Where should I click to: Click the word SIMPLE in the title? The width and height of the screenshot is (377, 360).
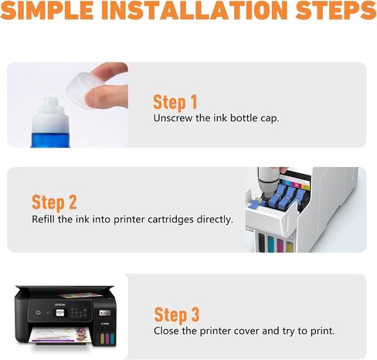click(47, 10)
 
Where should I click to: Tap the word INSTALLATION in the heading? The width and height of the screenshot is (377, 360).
click(195, 10)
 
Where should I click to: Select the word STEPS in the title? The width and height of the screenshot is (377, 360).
click(336, 10)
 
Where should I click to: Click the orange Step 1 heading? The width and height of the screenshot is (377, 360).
click(175, 102)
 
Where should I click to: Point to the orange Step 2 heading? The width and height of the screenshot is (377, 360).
click(54, 202)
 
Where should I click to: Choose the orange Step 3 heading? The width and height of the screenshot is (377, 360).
click(177, 314)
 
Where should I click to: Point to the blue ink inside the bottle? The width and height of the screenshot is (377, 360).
click(50, 140)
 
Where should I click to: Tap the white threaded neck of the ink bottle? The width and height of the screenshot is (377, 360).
click(50, 107)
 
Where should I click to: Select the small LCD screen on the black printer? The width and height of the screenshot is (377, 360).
click(59, 313)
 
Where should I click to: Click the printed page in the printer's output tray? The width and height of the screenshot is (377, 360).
click(60, 335)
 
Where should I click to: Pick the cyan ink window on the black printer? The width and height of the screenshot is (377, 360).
click(112, 338)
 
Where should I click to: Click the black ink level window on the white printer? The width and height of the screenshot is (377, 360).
click(262, 243)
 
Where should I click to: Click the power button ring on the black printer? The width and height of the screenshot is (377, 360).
click(38, 313)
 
